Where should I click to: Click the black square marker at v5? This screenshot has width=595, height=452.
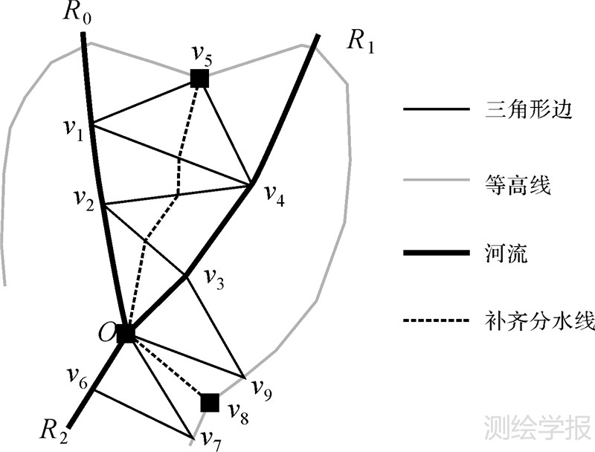[199, 77]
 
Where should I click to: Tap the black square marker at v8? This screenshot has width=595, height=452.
[210, 403]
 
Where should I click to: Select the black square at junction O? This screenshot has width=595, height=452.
[126, 334]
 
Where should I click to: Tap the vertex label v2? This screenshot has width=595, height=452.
[85, 197]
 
